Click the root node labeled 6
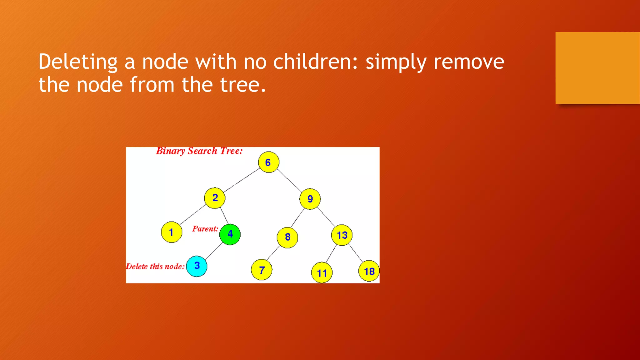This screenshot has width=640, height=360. coord(268,162)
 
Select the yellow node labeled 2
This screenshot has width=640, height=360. coord(215,198)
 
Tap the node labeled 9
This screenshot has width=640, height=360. coord(310,199)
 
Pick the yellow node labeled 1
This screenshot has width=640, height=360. coord(171,232)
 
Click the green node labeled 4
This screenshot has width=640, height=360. coord(230,234)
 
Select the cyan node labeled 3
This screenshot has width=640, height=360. coord(197,266)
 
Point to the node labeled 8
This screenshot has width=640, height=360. coord(287,237)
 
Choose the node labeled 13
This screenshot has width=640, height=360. coord(342,235)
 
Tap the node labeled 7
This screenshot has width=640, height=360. coord(262,270)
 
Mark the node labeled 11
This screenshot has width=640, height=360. coord(322,273)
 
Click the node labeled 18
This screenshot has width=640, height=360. coord(369,271)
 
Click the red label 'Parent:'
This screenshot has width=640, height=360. coord(205,229)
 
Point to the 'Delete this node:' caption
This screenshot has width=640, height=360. coord(155,267)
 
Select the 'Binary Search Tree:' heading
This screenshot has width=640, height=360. coord(199,151)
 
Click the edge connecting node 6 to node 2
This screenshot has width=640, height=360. coord(241,180)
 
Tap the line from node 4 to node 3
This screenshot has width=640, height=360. coord(214,251)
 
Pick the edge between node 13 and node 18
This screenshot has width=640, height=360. coord(355,253)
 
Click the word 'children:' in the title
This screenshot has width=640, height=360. coord(315,62)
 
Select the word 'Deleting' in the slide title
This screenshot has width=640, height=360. coord(78,62)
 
